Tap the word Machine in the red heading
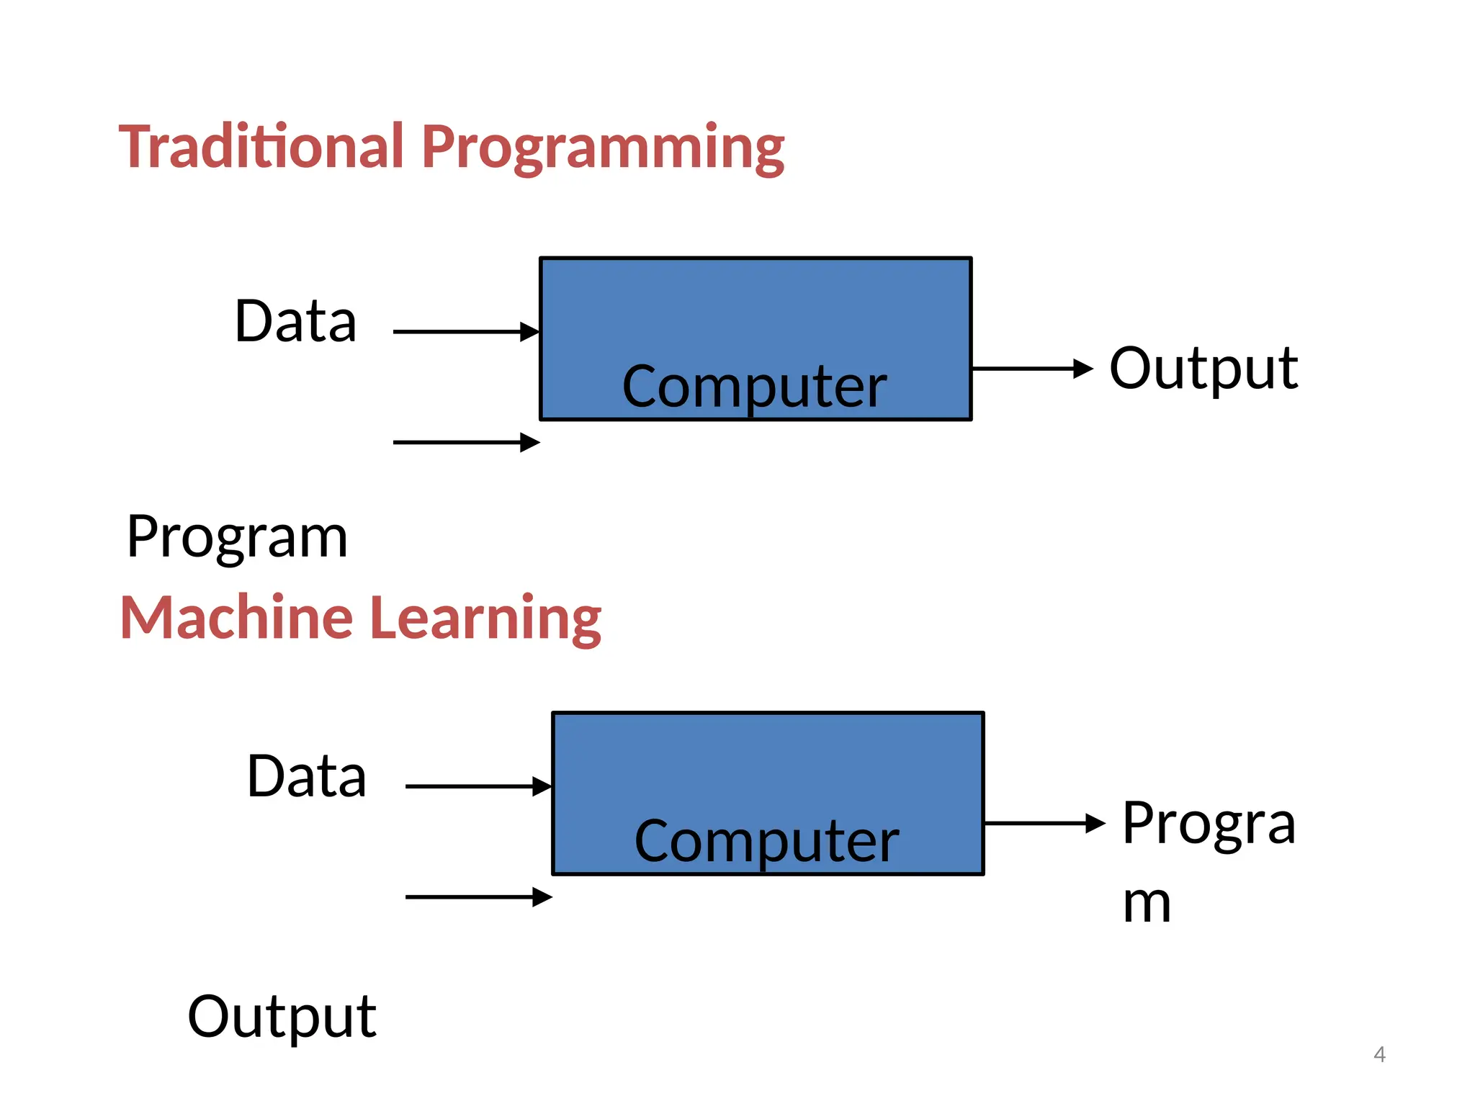[x=236, y=618]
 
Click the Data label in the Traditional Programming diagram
[x=295, y=321]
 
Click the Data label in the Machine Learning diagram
[x=307, y=776]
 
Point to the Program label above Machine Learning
[x=237, y=538]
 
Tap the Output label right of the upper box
[x=1203, y=369]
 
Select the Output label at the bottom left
[x=282, y=1017]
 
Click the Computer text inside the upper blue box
[x=754, y=387]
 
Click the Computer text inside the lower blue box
[x=766, y=841]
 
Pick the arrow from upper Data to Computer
[x=466, y=332]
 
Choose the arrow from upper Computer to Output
[x=1032, y=369]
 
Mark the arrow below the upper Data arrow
[x=466, y=442]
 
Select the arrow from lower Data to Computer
[x=478, y=786]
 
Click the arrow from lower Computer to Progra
[x=1044, y=823]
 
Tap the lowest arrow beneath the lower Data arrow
[x=478, y=897]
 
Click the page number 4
[x=1379, y=1054]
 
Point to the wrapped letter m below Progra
[x=1147, y=904]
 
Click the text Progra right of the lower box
[x=1209, y=824]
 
